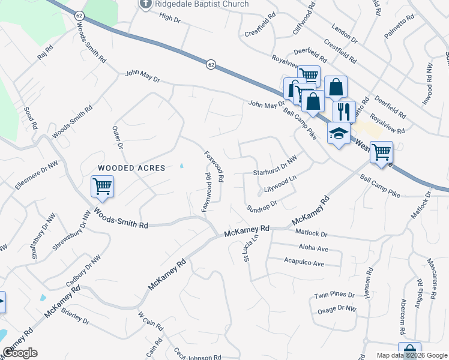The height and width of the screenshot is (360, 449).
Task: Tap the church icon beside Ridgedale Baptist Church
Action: [x=145, y=5]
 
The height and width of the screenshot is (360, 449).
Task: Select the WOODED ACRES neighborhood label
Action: [x=131, y=169]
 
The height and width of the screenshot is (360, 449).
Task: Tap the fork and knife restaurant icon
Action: [x=344, y=111]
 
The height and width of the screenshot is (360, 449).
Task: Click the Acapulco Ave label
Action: [x=304, y=263]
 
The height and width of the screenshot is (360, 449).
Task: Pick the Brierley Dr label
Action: [x=74, y=319]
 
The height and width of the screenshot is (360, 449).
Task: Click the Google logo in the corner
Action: [x=20, y=353]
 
